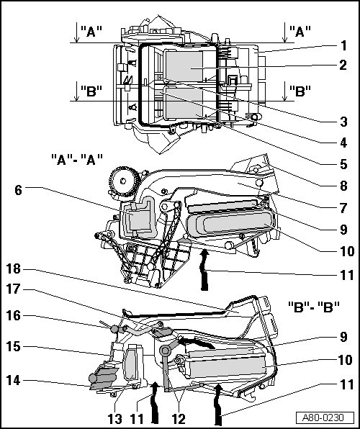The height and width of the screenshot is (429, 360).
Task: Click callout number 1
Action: (343, 45)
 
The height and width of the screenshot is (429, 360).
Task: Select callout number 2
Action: (343, 65)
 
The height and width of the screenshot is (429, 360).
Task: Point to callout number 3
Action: (343, 122)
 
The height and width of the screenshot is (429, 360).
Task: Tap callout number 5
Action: (343, 164)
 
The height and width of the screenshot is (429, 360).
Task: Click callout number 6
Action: (18, 190)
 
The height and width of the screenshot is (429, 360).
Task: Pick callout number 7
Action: (343, 208)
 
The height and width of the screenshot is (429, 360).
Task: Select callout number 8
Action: (343, 186)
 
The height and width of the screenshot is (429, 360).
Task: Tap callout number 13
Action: (115, 419)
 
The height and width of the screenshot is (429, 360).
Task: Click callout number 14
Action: (14, 380)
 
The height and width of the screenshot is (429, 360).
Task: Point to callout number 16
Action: (14, 315)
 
